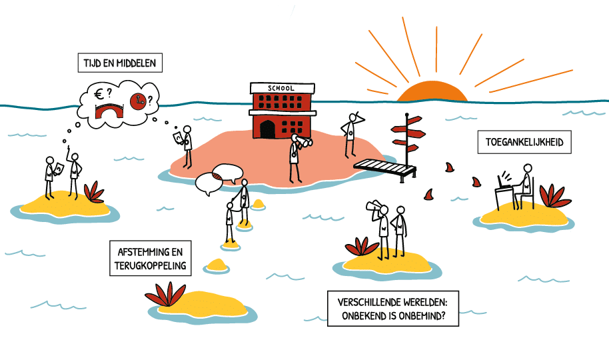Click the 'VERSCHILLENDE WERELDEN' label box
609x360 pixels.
[x=393, y=308]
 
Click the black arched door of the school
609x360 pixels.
[x=267, y=129]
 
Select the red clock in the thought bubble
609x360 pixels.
[x=139, y=102]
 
